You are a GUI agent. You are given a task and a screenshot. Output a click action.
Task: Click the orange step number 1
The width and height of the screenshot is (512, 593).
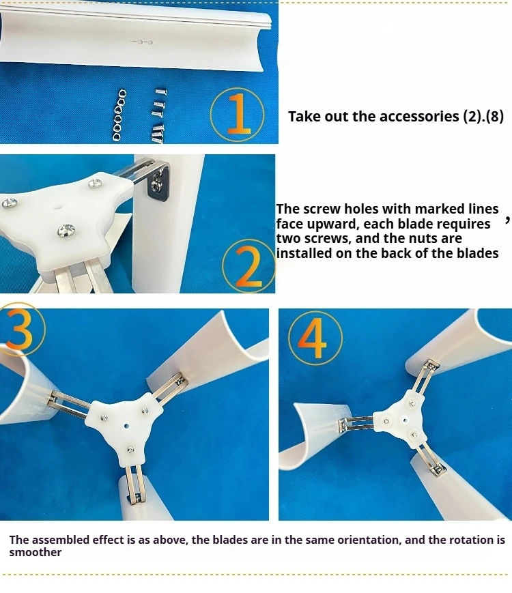238,114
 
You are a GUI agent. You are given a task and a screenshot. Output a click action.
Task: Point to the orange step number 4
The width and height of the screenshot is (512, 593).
315,337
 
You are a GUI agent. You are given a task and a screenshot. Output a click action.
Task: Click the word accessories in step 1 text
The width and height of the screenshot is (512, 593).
419,117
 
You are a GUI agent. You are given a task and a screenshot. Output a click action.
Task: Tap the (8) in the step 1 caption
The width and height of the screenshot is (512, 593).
495,117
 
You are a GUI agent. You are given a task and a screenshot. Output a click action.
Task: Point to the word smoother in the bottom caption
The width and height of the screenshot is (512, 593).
35,552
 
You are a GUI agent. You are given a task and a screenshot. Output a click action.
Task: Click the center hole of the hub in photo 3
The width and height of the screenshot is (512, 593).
126,426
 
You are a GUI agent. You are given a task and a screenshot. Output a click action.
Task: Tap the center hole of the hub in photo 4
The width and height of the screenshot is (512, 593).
405,420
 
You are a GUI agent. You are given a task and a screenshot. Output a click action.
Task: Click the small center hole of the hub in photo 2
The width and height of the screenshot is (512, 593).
57,207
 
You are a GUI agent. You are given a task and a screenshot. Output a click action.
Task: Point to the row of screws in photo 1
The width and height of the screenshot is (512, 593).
158,116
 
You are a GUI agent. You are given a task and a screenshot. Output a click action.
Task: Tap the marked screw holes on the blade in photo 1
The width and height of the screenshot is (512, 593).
143,42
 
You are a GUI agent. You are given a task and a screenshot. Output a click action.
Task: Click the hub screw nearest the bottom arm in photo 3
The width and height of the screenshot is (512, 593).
131,450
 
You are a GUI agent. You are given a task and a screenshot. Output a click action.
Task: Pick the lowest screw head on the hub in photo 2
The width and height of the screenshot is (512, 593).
66,231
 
